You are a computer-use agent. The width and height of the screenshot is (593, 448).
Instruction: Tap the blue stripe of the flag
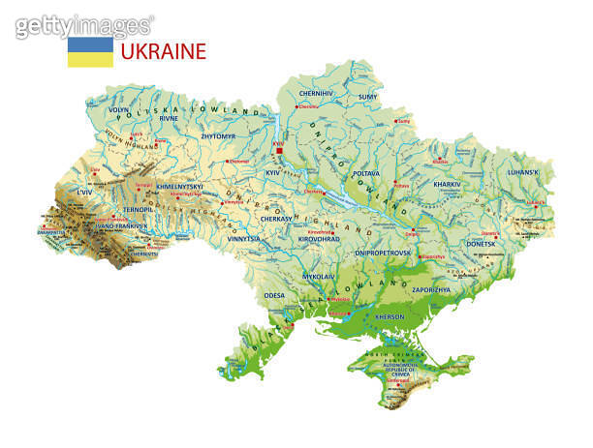[89, 45]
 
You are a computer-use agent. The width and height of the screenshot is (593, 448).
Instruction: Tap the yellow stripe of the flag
[89, 59]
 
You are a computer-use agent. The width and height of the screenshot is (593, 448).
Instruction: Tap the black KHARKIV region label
[447, 184]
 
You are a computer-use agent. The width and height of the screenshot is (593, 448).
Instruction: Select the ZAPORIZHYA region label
[431, 289]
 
